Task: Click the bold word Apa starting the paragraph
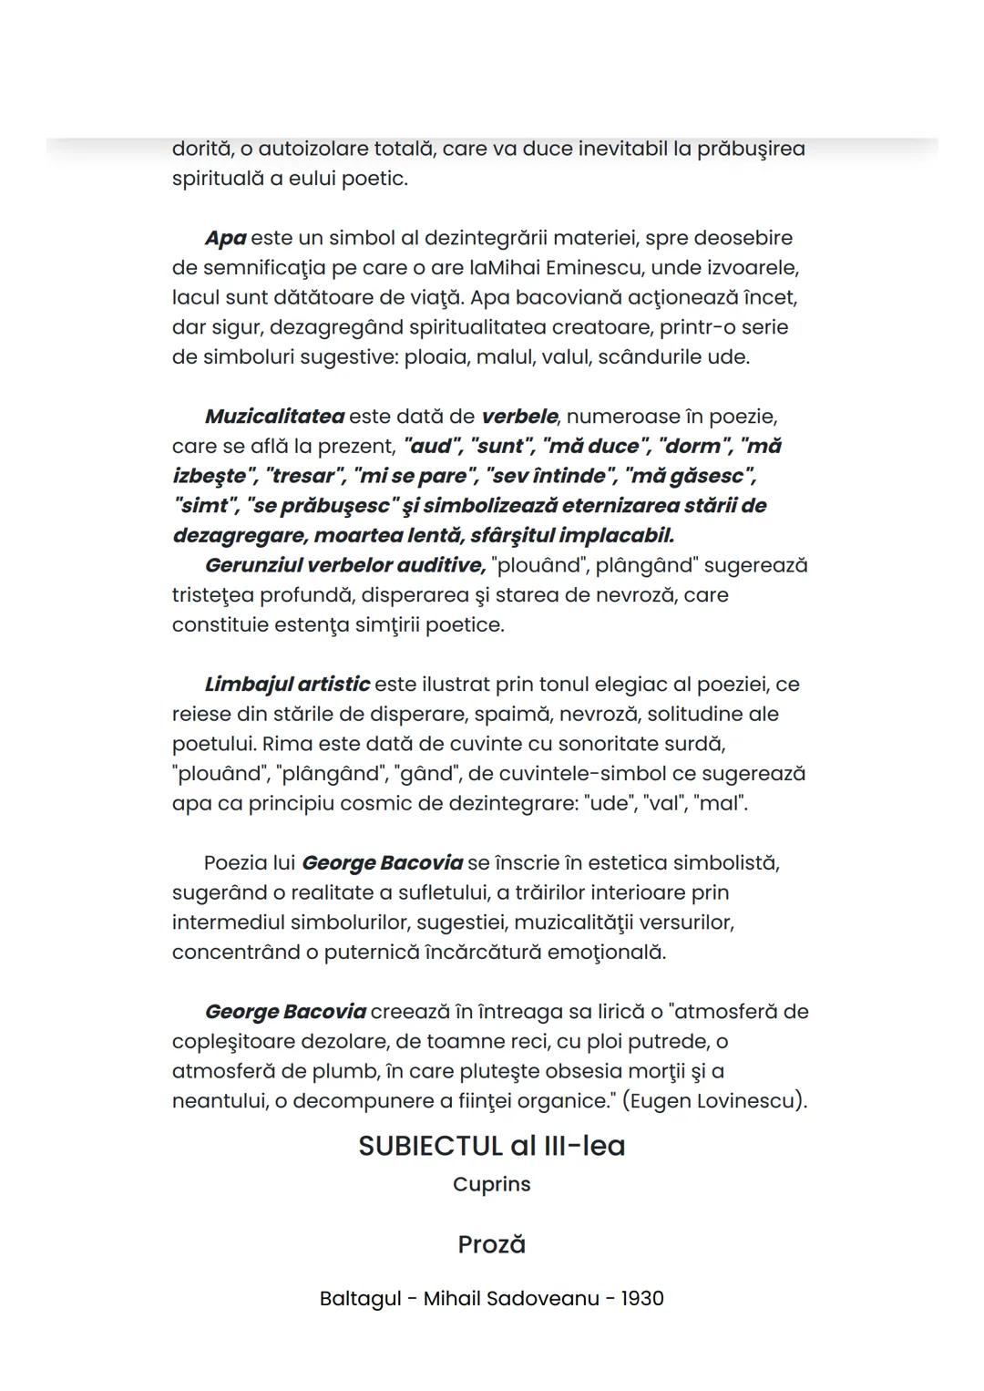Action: [225, 238]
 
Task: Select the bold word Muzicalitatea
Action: [274, 417]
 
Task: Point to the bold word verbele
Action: [519, 417]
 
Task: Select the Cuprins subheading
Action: [491, 1184]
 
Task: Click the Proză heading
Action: [491, 1244]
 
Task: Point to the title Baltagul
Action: [360, 1298]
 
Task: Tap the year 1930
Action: [642, 1298]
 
